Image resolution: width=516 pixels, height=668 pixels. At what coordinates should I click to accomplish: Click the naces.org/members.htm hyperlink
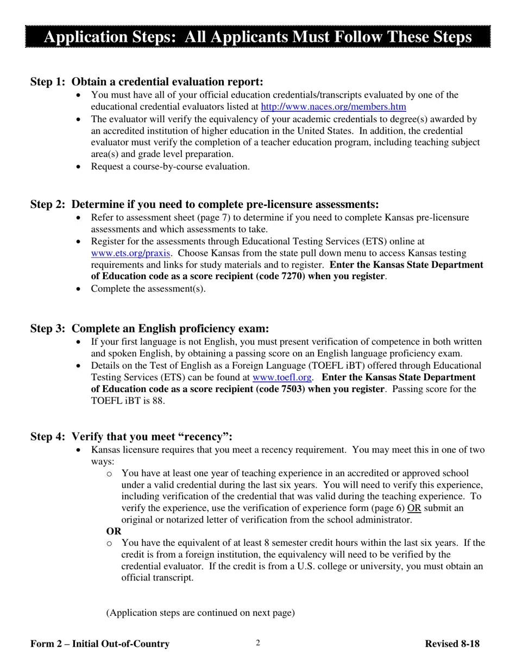pos(333,107)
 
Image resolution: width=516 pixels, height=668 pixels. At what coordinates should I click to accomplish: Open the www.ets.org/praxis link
pos(130,253)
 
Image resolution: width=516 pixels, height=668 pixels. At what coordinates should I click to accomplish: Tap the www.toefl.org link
pos(281,377)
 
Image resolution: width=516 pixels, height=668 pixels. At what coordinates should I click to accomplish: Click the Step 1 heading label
pos(147,82)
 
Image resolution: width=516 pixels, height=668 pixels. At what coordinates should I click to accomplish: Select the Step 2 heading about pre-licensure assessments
pos(204,205)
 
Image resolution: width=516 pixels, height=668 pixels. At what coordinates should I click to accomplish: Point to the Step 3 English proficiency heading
pos(149,329)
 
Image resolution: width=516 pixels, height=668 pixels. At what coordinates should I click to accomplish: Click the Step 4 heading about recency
pos(131,437)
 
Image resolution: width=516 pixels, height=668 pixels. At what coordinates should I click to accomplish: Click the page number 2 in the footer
pos(258,643)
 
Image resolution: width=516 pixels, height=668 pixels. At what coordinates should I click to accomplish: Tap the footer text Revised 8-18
pos(452,644)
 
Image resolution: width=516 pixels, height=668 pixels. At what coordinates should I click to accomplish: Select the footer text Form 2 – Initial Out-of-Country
pos(100,644)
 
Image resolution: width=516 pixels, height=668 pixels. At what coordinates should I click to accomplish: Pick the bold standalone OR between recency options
pos(114,532)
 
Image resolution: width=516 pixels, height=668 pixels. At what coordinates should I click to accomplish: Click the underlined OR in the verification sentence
pos(414,508)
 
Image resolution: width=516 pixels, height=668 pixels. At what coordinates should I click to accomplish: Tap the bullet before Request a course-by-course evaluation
pos(79,167)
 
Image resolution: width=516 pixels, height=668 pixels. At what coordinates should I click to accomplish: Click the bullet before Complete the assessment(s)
pos(79,289)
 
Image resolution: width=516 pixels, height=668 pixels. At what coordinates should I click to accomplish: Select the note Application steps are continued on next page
pos(200,613)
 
